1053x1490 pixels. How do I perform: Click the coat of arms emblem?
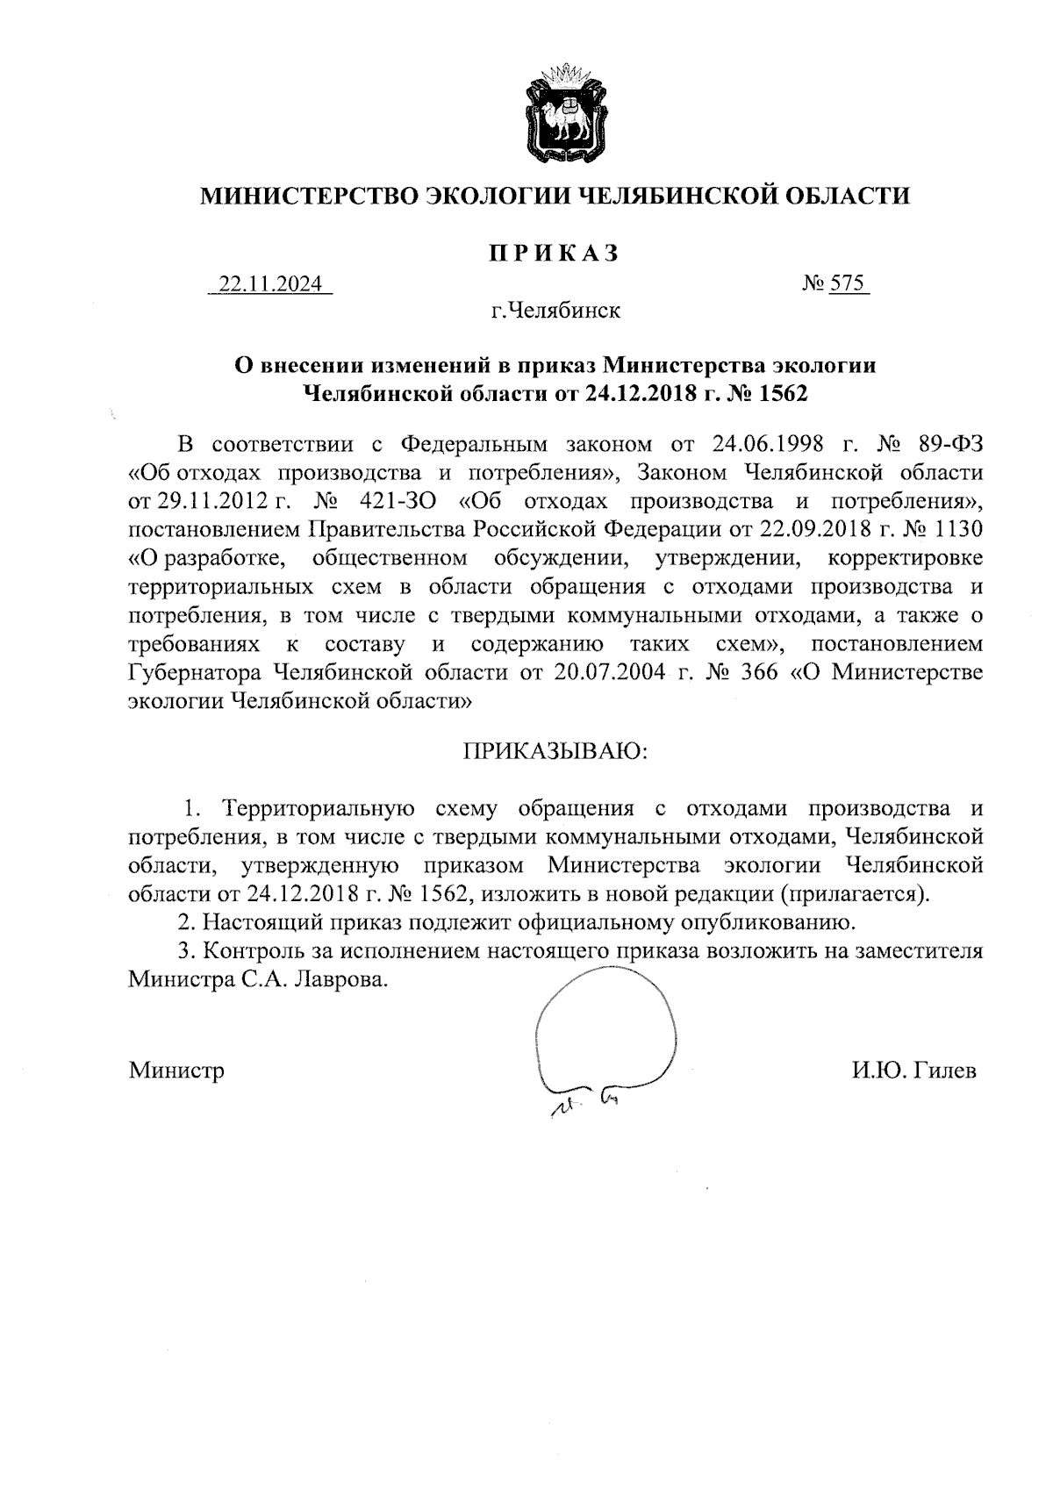(x=561, y=111)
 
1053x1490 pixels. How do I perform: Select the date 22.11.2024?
(x=270, y=285)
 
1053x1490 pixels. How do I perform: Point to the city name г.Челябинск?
(x=555, y=311)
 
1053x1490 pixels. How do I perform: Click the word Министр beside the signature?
(x=176, y=1071)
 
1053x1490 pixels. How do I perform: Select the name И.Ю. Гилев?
(x=913, y=1071)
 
